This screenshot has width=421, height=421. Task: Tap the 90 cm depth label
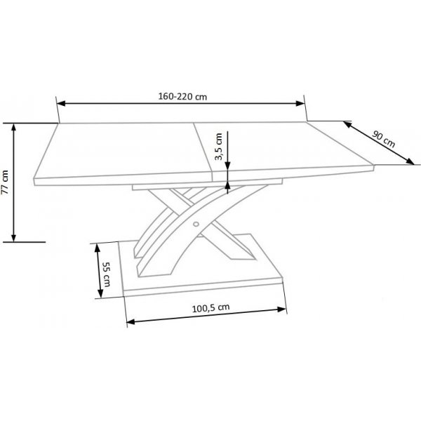click(x=384, y=138)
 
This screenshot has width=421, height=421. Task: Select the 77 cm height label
click(x=6, y=181)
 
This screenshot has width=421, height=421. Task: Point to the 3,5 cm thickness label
click(x=219, y=148)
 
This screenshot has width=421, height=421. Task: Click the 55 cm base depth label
click(x=107, y=274)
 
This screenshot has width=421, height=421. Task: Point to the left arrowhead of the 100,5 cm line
click(x=131, y=322)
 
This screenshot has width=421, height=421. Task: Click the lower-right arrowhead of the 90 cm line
click(x=412, y=162)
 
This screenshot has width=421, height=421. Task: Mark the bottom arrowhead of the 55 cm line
click(x=97, y=295)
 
